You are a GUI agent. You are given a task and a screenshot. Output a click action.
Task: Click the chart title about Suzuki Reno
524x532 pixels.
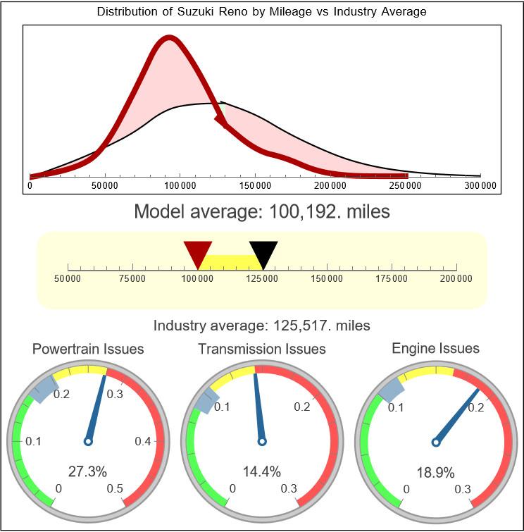coord(261,12)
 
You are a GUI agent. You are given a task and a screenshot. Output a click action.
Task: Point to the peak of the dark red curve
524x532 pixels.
coord(168,38)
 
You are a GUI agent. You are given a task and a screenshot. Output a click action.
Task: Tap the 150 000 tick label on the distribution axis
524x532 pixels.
coord(255,186)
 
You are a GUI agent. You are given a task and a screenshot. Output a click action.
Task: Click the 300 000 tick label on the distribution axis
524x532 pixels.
coord(480,186)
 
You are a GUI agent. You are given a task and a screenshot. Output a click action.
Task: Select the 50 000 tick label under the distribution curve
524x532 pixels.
coord(105,186)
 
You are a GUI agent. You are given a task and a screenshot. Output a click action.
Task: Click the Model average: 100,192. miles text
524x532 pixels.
coord(261,211)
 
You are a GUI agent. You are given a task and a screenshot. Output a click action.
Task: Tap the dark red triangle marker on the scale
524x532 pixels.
coord(197,252)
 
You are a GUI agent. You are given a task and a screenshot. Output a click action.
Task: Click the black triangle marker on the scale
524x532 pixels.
coord(263,252)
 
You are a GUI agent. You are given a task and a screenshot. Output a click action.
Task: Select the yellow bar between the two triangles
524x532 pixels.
coord(230,261)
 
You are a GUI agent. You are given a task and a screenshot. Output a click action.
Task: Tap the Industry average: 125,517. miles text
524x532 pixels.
coord(261,326)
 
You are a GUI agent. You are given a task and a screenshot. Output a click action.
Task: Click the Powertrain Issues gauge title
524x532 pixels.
coord(88,349)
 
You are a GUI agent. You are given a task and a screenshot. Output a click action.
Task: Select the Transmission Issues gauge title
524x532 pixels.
coord(262,349)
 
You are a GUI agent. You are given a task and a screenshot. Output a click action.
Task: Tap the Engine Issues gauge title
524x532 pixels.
coord(435,348)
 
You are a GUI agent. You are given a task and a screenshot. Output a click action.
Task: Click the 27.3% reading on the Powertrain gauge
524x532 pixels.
coord(87,471)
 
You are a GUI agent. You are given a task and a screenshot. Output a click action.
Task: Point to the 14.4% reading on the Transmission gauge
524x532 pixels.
coord(261,471)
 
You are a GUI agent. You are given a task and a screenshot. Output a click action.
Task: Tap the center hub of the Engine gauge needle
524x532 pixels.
coord(435,442)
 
